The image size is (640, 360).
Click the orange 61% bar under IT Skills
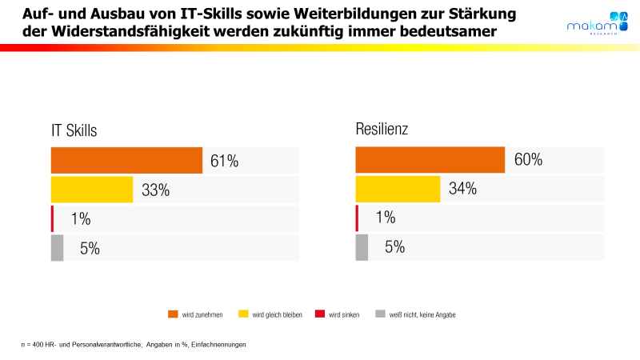pyautogui.click(x=126, y=161)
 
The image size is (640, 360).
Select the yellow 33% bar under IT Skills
pyautogui.click(x=92, y=190)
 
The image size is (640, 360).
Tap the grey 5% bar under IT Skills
pyautogui.click(x=57, y=248)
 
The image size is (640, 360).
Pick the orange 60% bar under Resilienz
pyautogui.click(x=430, y=160)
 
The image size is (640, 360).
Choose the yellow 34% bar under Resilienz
pyautogui.click(x=398, y=189)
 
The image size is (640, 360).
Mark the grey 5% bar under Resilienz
pyautogui.click(x=362, y=247)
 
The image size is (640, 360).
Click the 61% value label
pyautogui.click(x=225, y=161)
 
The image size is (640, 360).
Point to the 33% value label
pyautogui.click(x=156, y=190)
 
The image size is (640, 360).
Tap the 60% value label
pyautogui.click(x=528, y=160)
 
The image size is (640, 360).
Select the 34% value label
pyautogui.click(x=462, y=189)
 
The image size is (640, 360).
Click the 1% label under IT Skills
pyautogui.click(x=80, y=219)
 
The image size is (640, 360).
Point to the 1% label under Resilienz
pyautogui.click(x=386, y=218)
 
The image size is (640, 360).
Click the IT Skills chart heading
pyautogui.click(x=74, y=131)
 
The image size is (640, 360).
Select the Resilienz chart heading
pyautogui.click(x=382, y=129)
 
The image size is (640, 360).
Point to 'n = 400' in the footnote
pyautogui.click(x=34, y=344)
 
